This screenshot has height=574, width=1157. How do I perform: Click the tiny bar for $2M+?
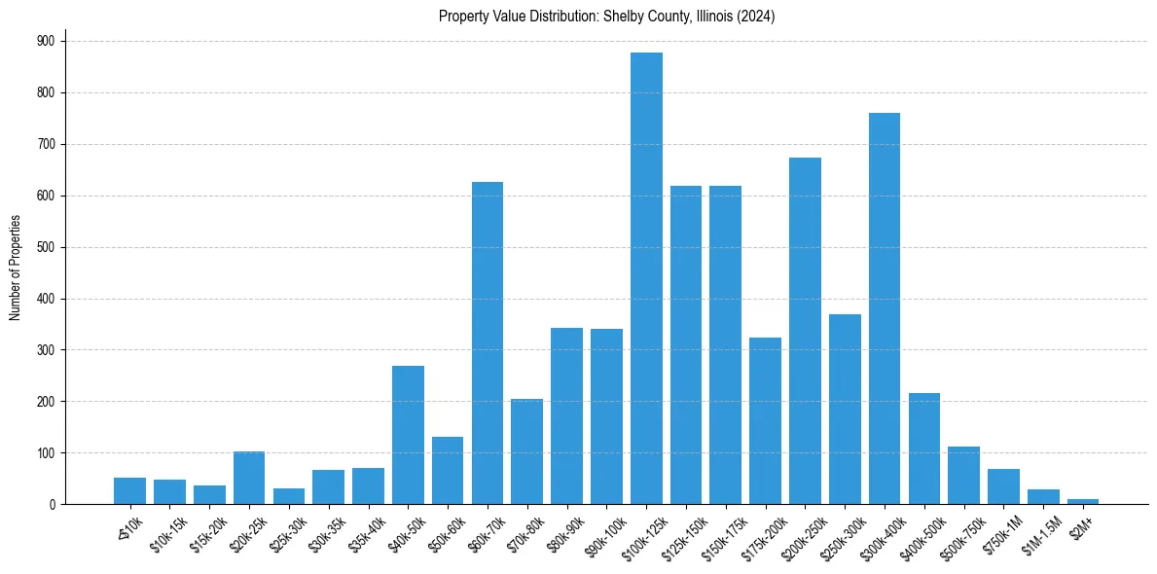1083,501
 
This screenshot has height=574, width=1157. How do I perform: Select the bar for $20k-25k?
249,478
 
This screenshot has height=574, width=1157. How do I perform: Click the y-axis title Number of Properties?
16,268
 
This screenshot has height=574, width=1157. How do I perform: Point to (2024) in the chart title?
756,17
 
